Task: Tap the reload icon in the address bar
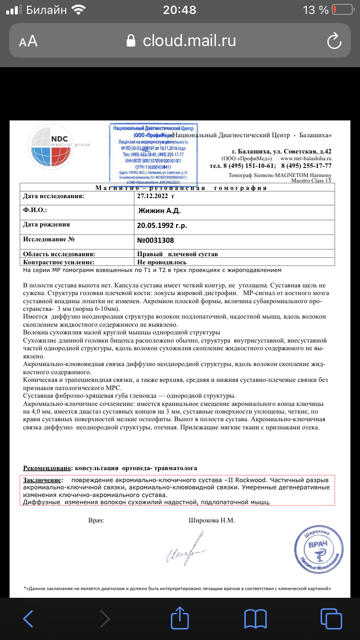334,41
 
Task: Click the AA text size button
28,42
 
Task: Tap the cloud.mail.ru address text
189,41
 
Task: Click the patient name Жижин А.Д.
159,211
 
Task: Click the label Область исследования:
59,254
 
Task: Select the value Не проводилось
162,262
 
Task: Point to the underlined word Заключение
43,480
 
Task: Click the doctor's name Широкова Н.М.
212,520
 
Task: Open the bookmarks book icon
255,619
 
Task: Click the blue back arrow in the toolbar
28,619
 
